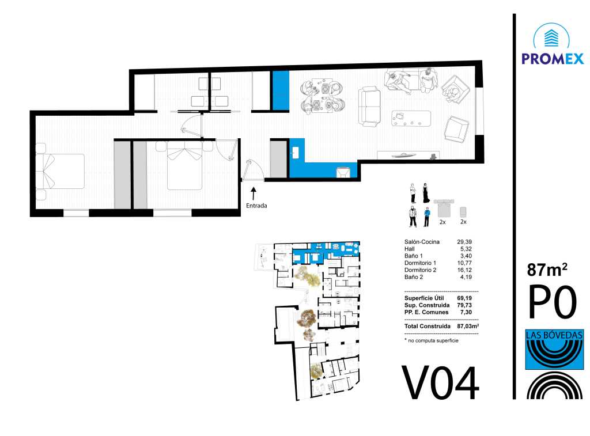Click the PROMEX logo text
(x=553, y=59)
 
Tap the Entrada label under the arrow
(x=256, y=206)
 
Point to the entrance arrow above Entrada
(x=254, y=194)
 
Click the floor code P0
(x=553, y=302)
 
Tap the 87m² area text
(x=547, y=270)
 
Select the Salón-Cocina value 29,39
(x=464, y=242)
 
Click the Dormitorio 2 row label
(x=420, y=270)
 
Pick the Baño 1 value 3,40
(x=466, y=256)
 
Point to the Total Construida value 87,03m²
(x=468, y=326)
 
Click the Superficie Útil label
(x=424, y=298)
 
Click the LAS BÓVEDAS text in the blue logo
(x=554, y=335)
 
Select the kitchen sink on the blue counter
(x=295, y=153)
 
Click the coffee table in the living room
(x=411, y=119)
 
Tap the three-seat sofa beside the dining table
(x=369, y=107)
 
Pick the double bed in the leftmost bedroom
(x=60, y=171)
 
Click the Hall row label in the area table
(x=410, y=249)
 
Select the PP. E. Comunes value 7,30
(x=466, y=312)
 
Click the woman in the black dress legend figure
(x=426, y=193)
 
